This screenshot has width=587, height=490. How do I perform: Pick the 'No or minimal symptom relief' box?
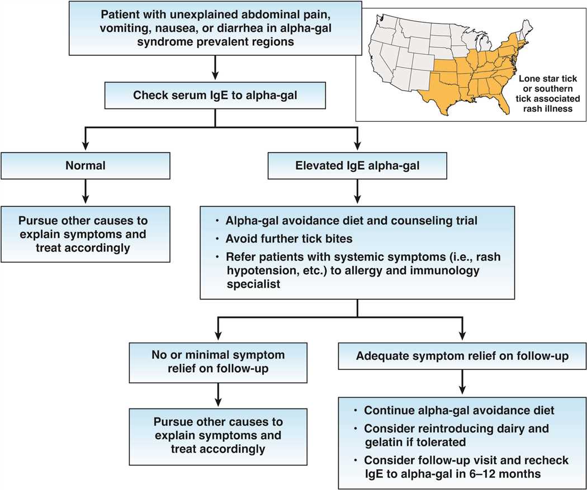coord(215,361)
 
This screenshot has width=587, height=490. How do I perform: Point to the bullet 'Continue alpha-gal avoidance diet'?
coord(458,411)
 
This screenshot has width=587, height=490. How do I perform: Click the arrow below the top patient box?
coord(215,69)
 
